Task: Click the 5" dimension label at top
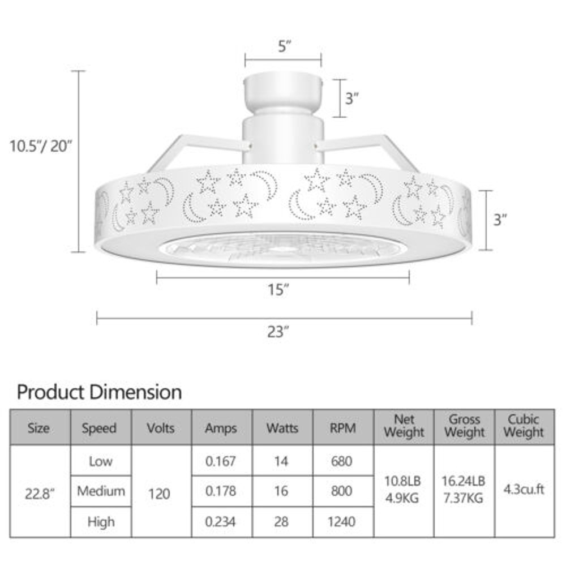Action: pyautogui.click(x=284, y=46)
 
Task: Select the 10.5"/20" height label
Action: pyautogui.click(x=41, y=146)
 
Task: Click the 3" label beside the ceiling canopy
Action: pyautogui.click(x=352, y=98)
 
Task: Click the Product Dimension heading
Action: pyautogui.click(x=100, y=392)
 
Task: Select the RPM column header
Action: pyautogui.click(x=343, y=428)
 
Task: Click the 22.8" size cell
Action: pyautogui.click(x=38, y=492)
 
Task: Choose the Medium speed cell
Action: pyautogui.click(x=101, y=491)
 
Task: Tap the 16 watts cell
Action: pyautogui.click(x=281, y=491)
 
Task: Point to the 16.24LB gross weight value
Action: pyautogui.click(x=464, y=482)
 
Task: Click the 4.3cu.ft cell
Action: pyautogui.click(x=524, y=490)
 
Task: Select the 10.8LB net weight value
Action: pyautogui.click(x=404, y=482)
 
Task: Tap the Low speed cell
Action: pyautogui.click(x=100, y=461)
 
